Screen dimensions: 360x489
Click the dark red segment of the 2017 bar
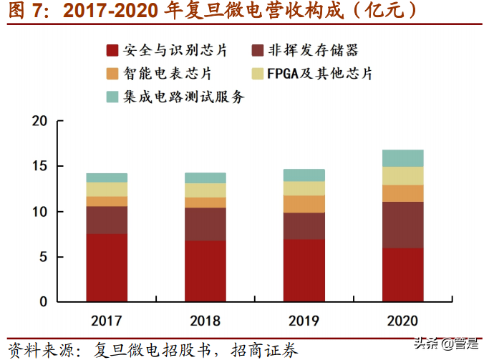pyautogui.click(x=107, y=268)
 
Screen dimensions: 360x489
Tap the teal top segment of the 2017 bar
pyautogui.click(x=107, y=177)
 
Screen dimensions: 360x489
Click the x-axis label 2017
pyautogui.click(x=107, y=320)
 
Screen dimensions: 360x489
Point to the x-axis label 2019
pyautogui.click(x=303, y=320)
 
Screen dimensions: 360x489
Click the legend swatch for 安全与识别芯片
pyautogui.click(x=112, y=51)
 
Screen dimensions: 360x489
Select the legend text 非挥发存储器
pyautogui.click(x=313, y=51)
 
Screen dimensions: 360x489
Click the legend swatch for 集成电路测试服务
pyautogui.click(x=112, y=97)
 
